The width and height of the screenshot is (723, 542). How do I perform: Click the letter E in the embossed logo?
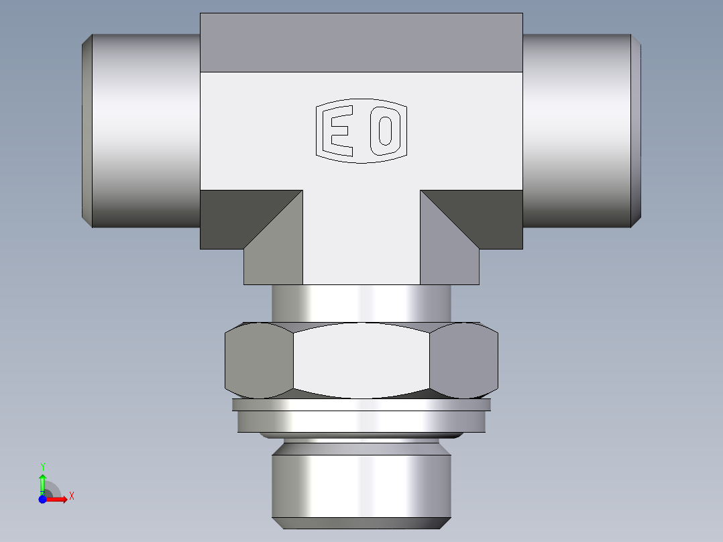pyautogui.click(x=339, y=131)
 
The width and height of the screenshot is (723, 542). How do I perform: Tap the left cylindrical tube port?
pyautogui.click(x=144, y=131)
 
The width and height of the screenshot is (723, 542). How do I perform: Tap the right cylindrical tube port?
pyautogui.click(x=577, y=131)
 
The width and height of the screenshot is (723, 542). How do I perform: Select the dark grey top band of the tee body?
pyautogui.click(x=361, y=42)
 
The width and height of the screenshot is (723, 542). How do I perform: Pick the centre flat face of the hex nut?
pyautogui.click(x=361, y=360)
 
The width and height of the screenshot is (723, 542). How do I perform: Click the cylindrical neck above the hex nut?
pyautogui.click(x=361, y=303)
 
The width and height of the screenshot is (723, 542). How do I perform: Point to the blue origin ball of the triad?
pyautogui.click(x=42, y=500)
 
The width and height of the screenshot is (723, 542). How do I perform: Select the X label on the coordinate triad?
pyautogui.click(x=71, y=496)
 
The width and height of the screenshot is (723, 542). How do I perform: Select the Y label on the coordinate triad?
pyautogui.click(x=42, y=466)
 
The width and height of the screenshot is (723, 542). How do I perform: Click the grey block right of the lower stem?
pyautogui.click(x=449, y=265)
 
